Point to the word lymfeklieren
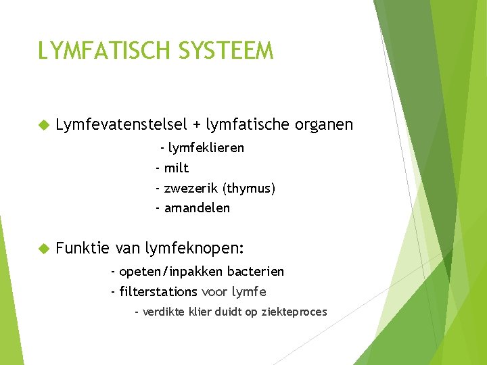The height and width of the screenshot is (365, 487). pos(206,147)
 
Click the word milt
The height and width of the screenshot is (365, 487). pos(177,168)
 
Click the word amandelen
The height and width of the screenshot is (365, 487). pos(197,208)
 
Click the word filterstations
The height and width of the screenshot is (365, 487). pos(158,292)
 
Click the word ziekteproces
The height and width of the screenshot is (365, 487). pos(296,312)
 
